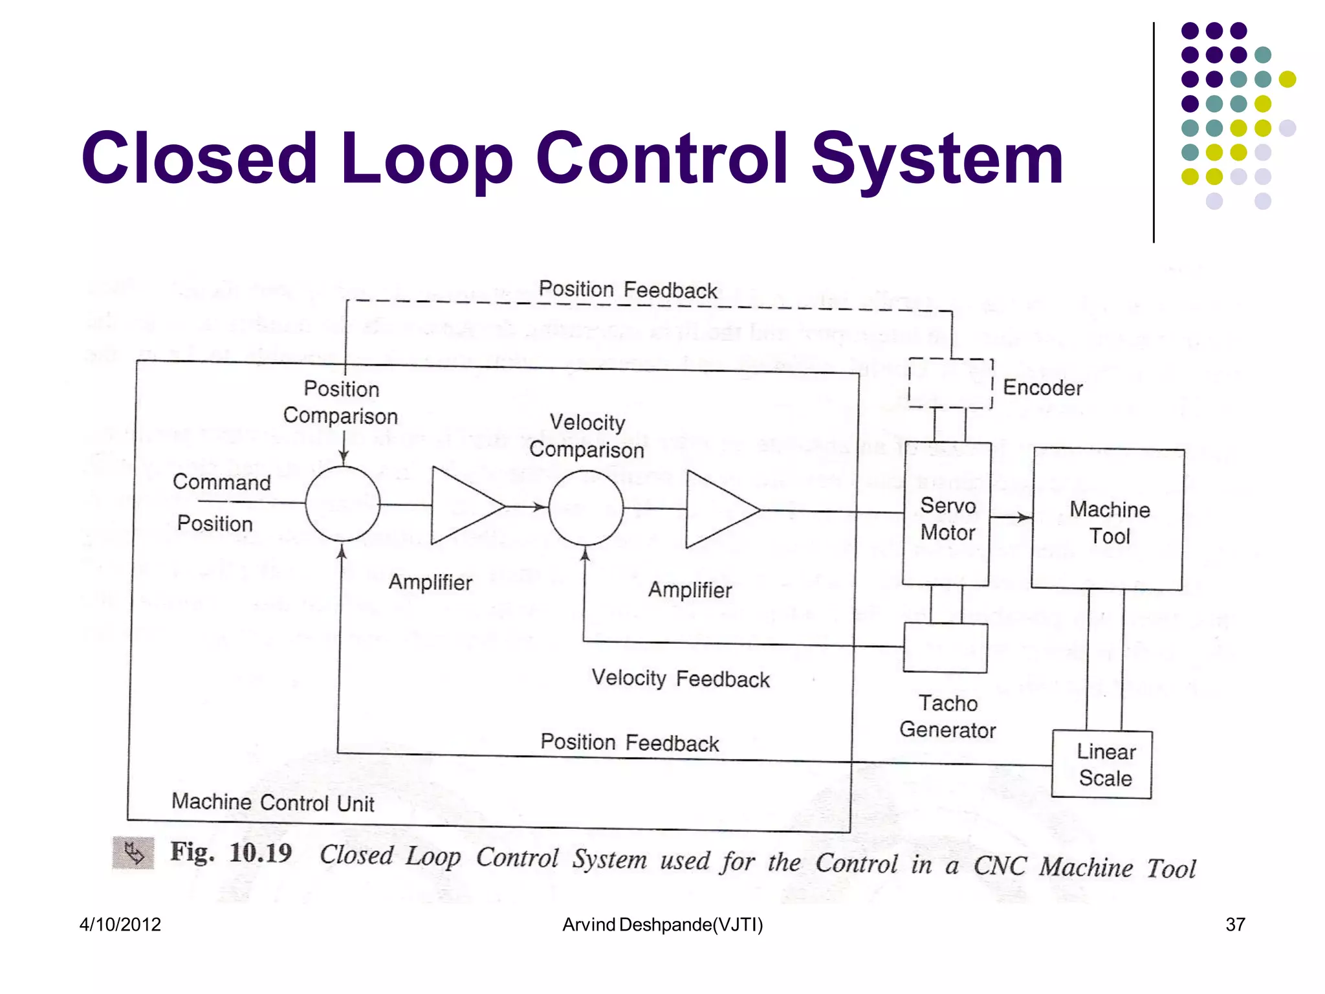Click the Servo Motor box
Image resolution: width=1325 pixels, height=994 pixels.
(x=947, y=514)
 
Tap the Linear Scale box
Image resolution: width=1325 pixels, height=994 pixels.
(x=1102, y=764)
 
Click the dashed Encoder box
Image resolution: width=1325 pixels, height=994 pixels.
(x=950, y=383)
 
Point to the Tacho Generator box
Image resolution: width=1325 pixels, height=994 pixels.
(x=945, y=648)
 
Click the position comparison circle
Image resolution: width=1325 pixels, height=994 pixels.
(x=342, y=503)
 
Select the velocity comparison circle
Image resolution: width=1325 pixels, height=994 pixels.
(x=586, y=508)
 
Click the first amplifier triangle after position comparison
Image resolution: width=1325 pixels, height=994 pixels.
(x=463, y=505)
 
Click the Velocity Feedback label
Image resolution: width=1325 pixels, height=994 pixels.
(x=681, y=678)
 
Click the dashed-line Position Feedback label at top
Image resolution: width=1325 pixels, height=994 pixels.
(x=628, y=289)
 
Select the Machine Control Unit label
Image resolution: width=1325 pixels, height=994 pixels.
(x=272, y=802)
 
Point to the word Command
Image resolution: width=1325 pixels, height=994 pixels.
(x=221, y=482)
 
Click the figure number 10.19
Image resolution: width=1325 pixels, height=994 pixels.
(x=260, y=853)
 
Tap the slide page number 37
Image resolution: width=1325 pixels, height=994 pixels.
(x=1235, y=924)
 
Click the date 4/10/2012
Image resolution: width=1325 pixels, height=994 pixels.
(x=120, y=924)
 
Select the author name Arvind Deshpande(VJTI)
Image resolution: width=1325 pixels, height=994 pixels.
(x=662, y=924)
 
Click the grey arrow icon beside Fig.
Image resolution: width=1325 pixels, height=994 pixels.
(x=133, y=853)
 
